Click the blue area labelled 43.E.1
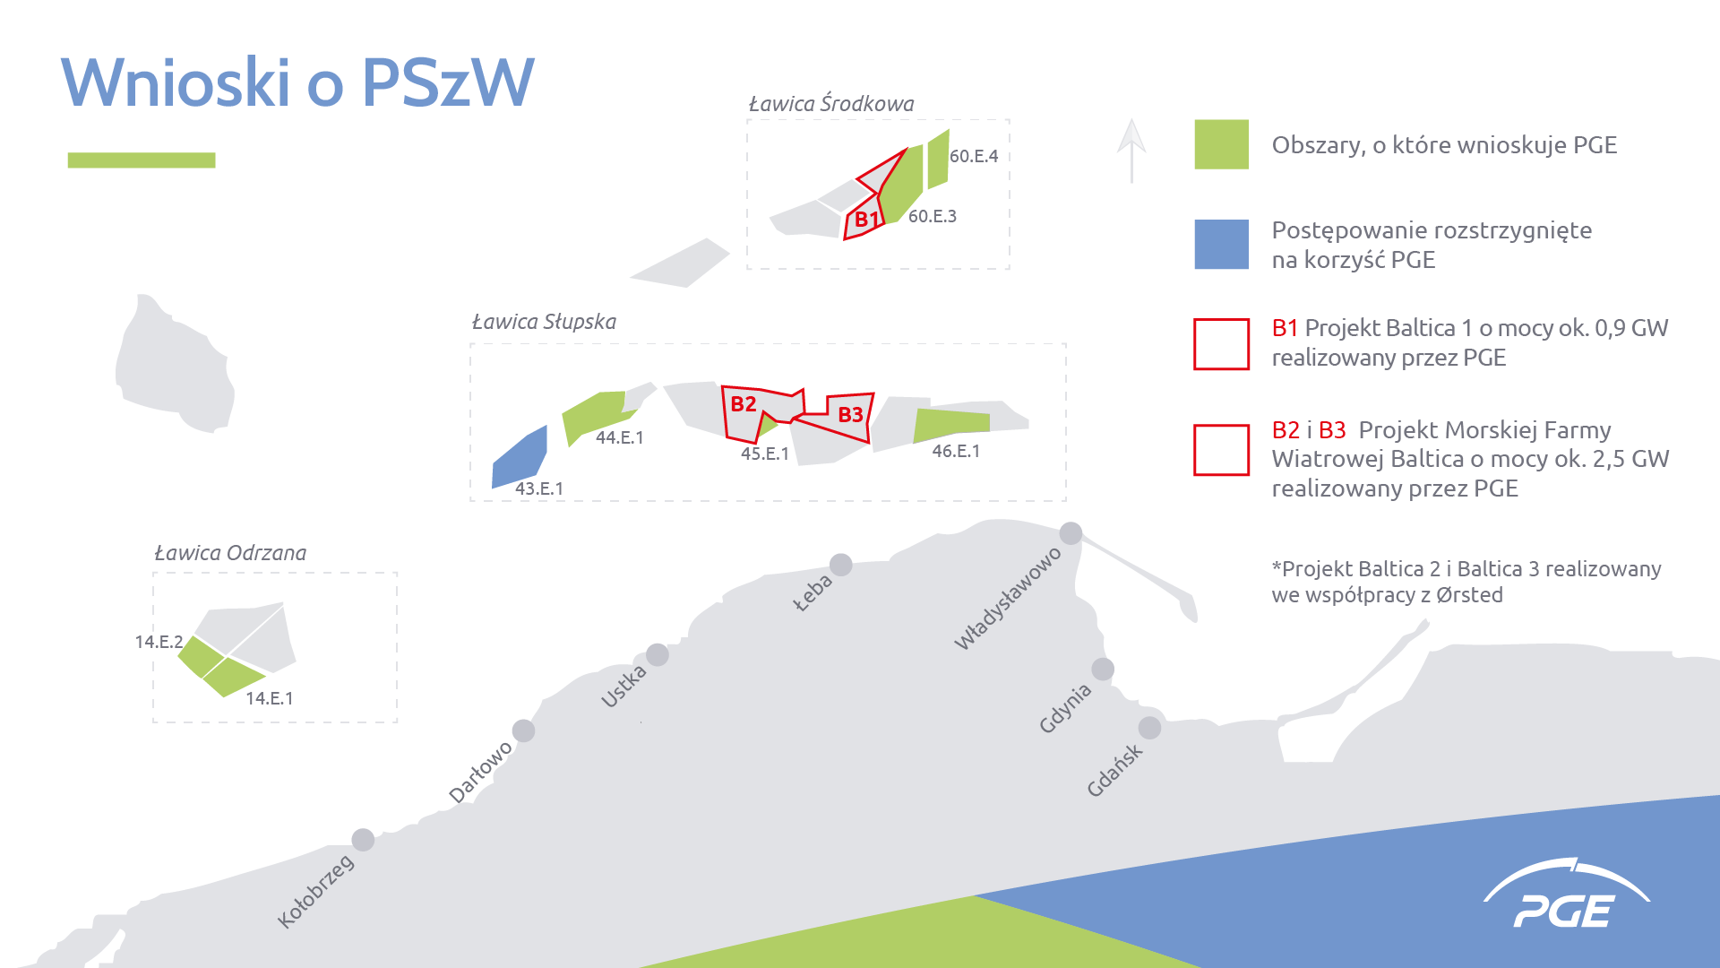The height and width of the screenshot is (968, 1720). (x=520, y=457)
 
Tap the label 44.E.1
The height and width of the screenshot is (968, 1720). (x=620, y=437)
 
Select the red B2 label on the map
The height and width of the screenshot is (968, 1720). (x=744, y=404)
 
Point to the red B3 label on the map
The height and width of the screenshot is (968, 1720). (x=850, y=415)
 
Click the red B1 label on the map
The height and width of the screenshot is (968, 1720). (x=866, y=220)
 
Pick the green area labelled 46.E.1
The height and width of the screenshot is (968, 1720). (x=950, y=425)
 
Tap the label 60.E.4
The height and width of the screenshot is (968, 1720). (x=974, y=156)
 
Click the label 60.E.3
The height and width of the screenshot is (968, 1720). (x=933, y=216)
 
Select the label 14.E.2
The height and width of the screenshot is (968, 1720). (x=159, y=642)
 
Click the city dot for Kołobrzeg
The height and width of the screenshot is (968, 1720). (x=363, y=840)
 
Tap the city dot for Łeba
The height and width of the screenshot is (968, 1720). (x=841, y=565)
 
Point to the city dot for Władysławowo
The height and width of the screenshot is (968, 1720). (x=1071, y=533)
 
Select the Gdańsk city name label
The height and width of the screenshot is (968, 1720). (x=1114, y=770)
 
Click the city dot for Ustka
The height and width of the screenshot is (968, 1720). (x=658, y=654)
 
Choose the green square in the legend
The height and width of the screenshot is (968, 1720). (x=1221, y=144)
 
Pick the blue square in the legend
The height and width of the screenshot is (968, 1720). (x=1221, y=245)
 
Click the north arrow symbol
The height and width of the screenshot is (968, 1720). (x=1131, y=151)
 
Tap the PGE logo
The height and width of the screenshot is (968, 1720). (x=1566, y=894)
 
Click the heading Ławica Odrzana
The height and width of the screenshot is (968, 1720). (x=230, y=553)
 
